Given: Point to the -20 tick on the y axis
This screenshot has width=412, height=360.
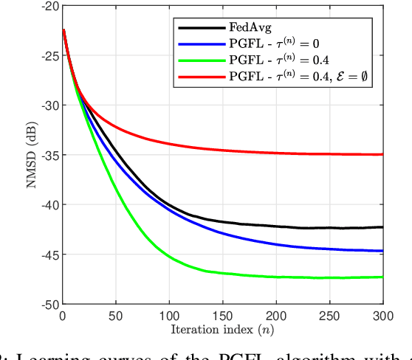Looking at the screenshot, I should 49,5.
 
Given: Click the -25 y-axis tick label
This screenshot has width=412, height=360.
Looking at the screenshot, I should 49,55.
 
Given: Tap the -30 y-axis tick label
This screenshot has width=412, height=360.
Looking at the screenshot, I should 49,105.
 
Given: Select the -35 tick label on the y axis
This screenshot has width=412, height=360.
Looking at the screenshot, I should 49,155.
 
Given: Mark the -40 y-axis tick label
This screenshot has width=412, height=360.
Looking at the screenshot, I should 49,204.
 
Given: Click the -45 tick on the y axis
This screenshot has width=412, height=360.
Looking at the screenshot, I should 49,255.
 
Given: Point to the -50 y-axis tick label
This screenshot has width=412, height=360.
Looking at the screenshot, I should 49,304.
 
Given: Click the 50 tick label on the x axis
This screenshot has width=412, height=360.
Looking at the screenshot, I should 116,315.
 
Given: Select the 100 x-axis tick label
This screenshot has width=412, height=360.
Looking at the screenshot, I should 169,315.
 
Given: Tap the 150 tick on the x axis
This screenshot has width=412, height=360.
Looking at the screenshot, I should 222,315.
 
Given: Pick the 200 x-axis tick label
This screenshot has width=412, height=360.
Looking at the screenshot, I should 276,315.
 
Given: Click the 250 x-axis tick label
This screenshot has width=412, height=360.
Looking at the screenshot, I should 329,315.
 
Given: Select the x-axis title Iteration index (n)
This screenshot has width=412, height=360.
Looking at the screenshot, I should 223,328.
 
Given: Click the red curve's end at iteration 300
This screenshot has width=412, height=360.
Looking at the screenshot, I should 382,154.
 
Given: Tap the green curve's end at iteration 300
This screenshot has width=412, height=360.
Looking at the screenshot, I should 382,277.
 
